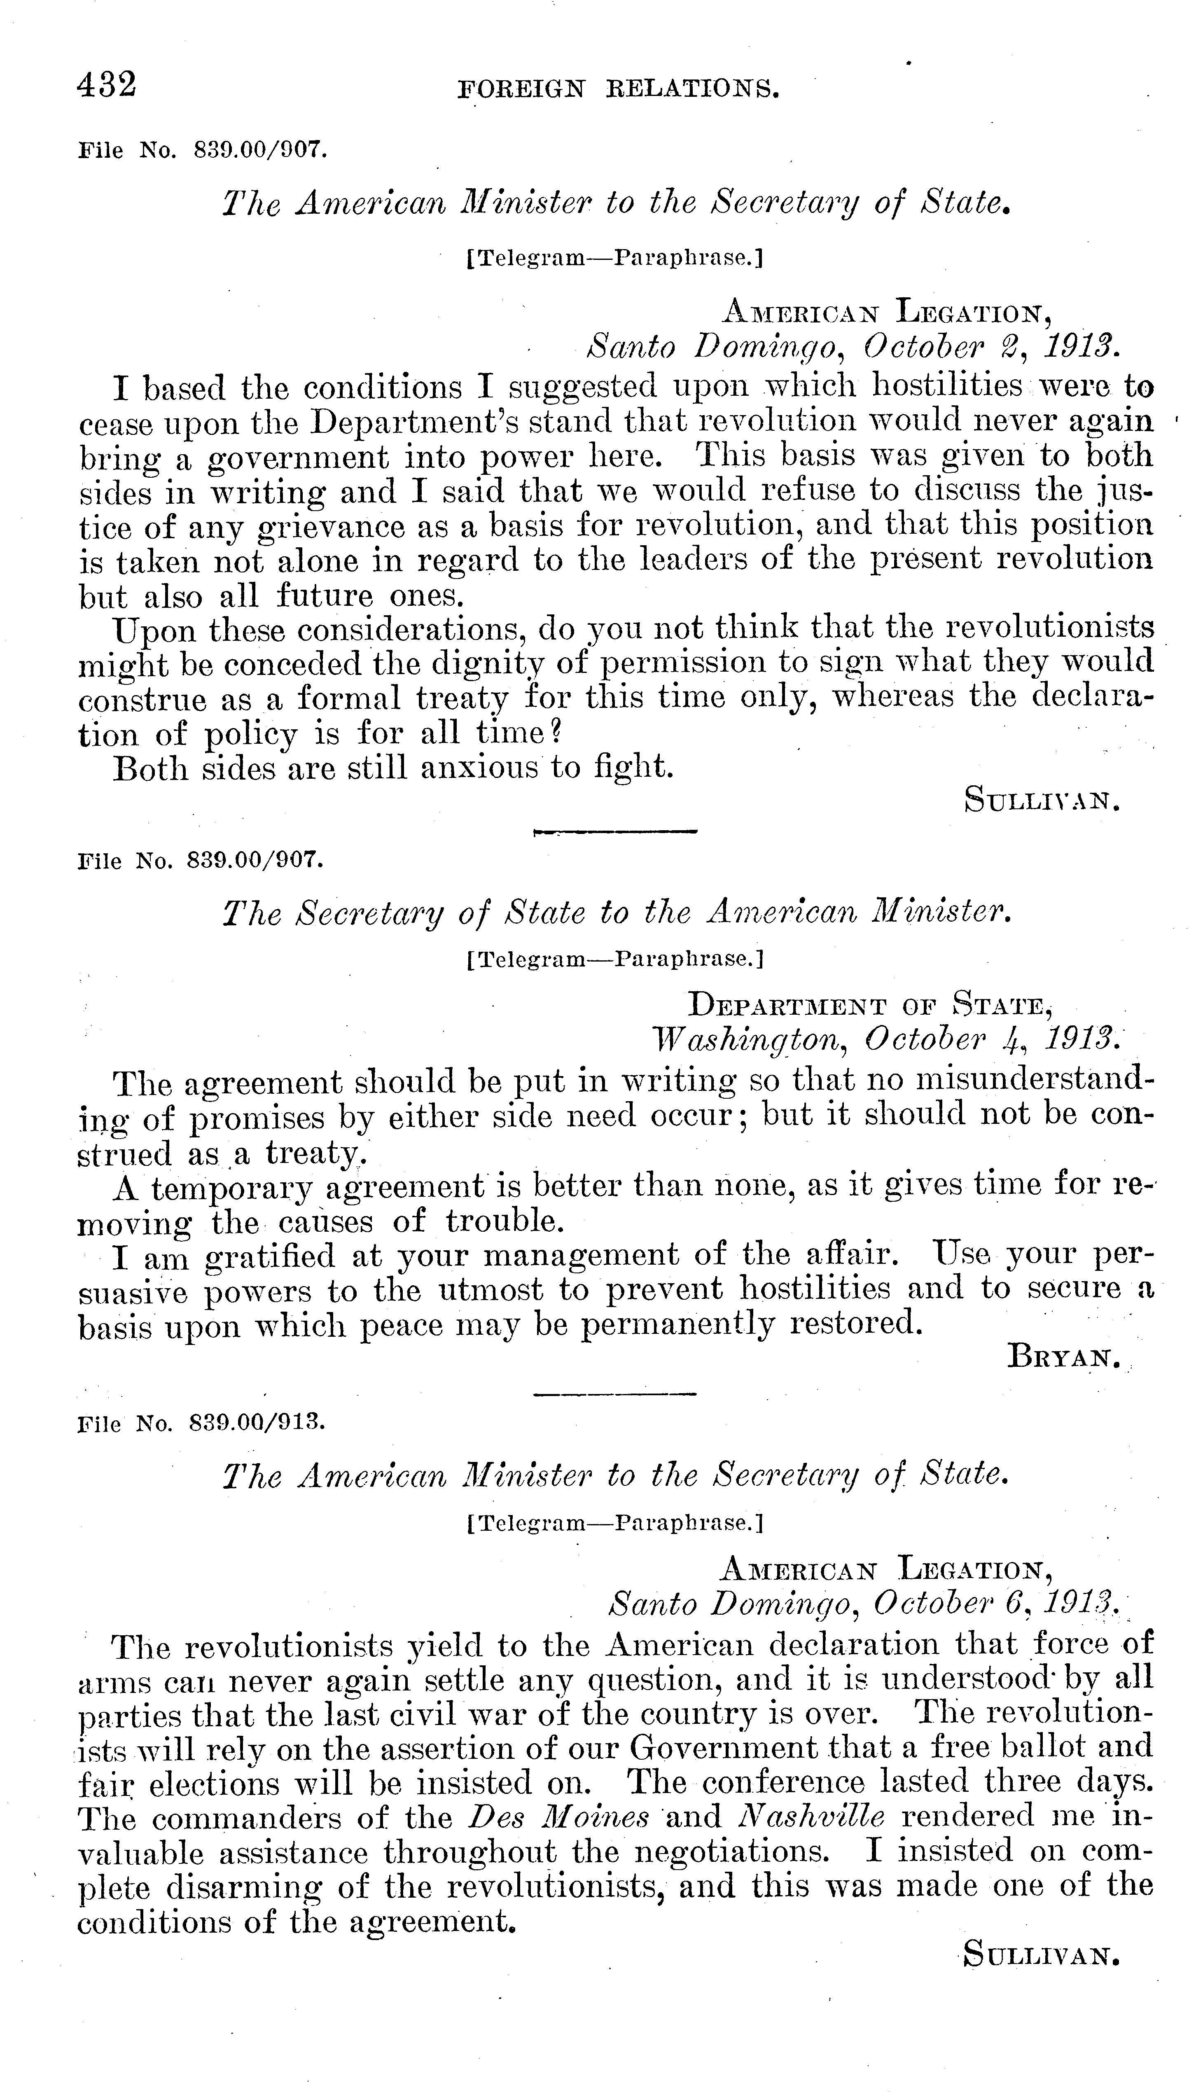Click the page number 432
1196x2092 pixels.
(107, 84)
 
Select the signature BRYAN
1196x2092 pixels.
(1064, 1359)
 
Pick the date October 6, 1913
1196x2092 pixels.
(994, 1602)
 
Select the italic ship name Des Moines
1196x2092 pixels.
(558, 1816)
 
